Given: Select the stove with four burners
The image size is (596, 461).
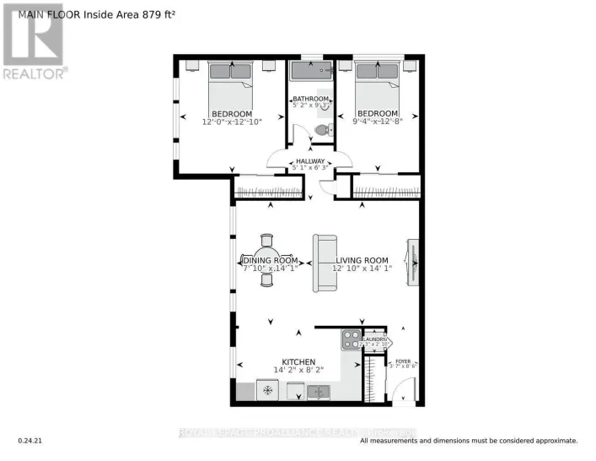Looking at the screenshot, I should [351, 339].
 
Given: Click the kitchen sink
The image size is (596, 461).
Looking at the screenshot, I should [317, 391].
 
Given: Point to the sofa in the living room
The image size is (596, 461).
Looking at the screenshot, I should [323, 263].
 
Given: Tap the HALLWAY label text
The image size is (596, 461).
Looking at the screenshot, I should [309, 160].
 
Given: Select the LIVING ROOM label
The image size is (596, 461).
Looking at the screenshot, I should [362, 260].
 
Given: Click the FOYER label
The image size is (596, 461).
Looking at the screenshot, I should [404, 361].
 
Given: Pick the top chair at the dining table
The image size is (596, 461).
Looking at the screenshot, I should [267, 241].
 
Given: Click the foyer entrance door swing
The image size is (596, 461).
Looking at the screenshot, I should [405, 391].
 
